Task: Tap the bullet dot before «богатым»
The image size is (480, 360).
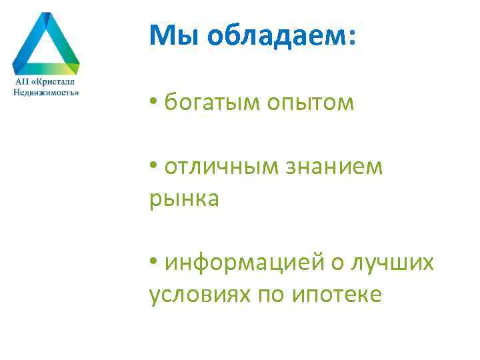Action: pos(153,103)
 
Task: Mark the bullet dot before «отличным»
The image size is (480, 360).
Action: pos(153,167)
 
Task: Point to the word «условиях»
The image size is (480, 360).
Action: pos(198,295)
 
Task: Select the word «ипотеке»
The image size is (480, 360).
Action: pos(337,295)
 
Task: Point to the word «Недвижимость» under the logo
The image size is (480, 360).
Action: pos(46,92)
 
